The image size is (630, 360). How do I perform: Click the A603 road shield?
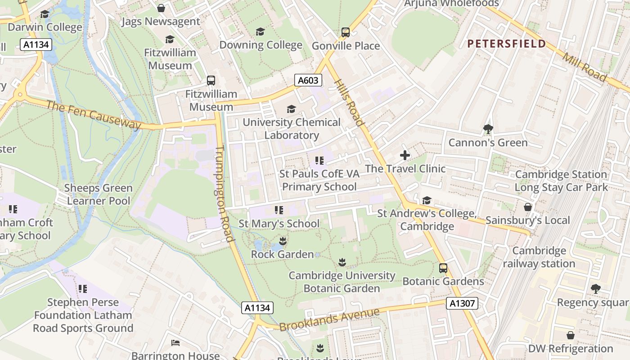pyautogui.click(x=308, y=81)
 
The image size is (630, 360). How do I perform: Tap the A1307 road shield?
pyautogui.click(x=462, y=303)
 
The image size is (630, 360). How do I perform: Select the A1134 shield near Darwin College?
pyautogui.click(x=36, y=45)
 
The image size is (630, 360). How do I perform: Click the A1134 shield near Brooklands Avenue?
pyautogui.click(x=257, y=308)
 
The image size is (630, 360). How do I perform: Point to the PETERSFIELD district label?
pyautogui.click(x=506, y=44)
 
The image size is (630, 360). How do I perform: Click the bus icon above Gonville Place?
pyautogui.click(x=345, y=32)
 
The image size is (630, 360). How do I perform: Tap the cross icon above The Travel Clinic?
pyautogui.click(x=405, y=155)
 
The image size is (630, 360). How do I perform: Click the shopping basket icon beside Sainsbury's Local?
pyautogui.click(x=527, y=207)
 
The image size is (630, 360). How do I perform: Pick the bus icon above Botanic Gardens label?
pyautogui.click(x=443, y=268)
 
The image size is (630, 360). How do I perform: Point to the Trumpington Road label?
pyautogui.click(x=224, y=193)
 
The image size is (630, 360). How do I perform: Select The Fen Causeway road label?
pyautogui.click(x=94, y=115)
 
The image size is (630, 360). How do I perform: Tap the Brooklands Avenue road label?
pyautogui.click(x=329, y=319)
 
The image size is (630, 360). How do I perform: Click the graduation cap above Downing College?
pyautogui.click(x=260, y=31)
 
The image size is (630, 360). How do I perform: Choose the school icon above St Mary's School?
pyautogui.click(x=279, y=210)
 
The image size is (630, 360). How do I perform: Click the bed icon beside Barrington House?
pyautogui.click(x=175, y=343)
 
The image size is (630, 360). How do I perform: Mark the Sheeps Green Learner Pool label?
pyautogui.click(x=98, y=194)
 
